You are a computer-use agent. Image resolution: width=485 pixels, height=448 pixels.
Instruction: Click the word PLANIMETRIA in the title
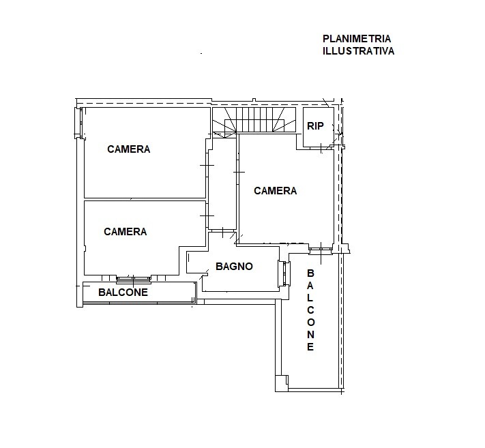click(x=357, y=39)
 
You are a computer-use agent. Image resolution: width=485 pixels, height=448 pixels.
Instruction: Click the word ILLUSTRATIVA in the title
click(x=359, y=51)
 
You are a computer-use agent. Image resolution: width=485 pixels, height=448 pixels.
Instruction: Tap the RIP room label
click(x=315, y=126)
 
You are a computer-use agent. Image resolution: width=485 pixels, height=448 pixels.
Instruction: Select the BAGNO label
click(x=234, y=266)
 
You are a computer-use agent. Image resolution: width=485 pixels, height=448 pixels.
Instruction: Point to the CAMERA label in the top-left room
click(x=129, y=149)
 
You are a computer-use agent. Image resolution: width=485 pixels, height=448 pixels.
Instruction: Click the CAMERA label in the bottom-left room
click(x=126, y=232)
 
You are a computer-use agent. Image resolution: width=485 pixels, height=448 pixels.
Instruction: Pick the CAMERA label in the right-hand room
click(x=276, y=190)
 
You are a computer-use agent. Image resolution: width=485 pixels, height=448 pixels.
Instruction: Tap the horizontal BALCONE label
click(x=123, y=292)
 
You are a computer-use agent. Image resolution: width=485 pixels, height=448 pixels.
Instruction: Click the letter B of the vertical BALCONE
click(x=310, y=273)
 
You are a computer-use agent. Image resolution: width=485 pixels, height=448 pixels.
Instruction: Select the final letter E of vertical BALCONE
click(x=310, y=346)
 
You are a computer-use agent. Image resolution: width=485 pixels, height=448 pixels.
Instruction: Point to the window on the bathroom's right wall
click(x=284, y=273)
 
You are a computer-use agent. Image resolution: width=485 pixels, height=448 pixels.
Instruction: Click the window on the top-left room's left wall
click(x=79, y=123)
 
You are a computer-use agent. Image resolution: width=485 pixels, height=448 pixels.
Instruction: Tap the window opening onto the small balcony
click(x=134, y=280)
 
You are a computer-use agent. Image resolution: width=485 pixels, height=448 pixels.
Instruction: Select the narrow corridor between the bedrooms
click(x=222, y=184)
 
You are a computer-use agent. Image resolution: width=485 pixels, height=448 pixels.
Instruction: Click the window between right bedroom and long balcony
click(x=321, y=249)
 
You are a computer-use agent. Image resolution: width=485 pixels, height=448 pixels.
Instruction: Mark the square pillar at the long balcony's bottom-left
click(x=282, y=384)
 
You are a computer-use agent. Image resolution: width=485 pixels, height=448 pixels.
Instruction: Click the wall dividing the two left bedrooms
click(x=145, y=199)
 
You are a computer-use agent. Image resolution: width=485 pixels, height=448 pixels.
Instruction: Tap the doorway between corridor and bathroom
click(x=222, y=230)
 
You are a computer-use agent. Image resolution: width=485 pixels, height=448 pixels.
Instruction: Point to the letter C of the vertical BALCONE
click(x=310, y=310)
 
